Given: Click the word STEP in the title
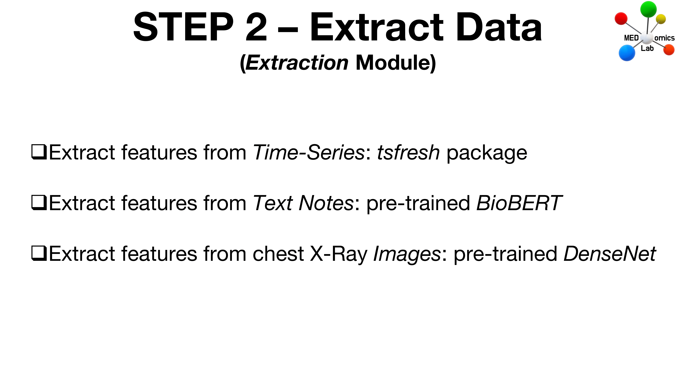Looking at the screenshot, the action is point(183,27).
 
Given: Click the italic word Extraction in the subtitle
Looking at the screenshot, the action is point(297,63).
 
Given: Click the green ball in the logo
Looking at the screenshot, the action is point(648,9).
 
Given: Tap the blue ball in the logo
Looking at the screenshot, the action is point(627,53).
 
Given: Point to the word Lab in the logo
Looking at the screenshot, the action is point(647,48).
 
